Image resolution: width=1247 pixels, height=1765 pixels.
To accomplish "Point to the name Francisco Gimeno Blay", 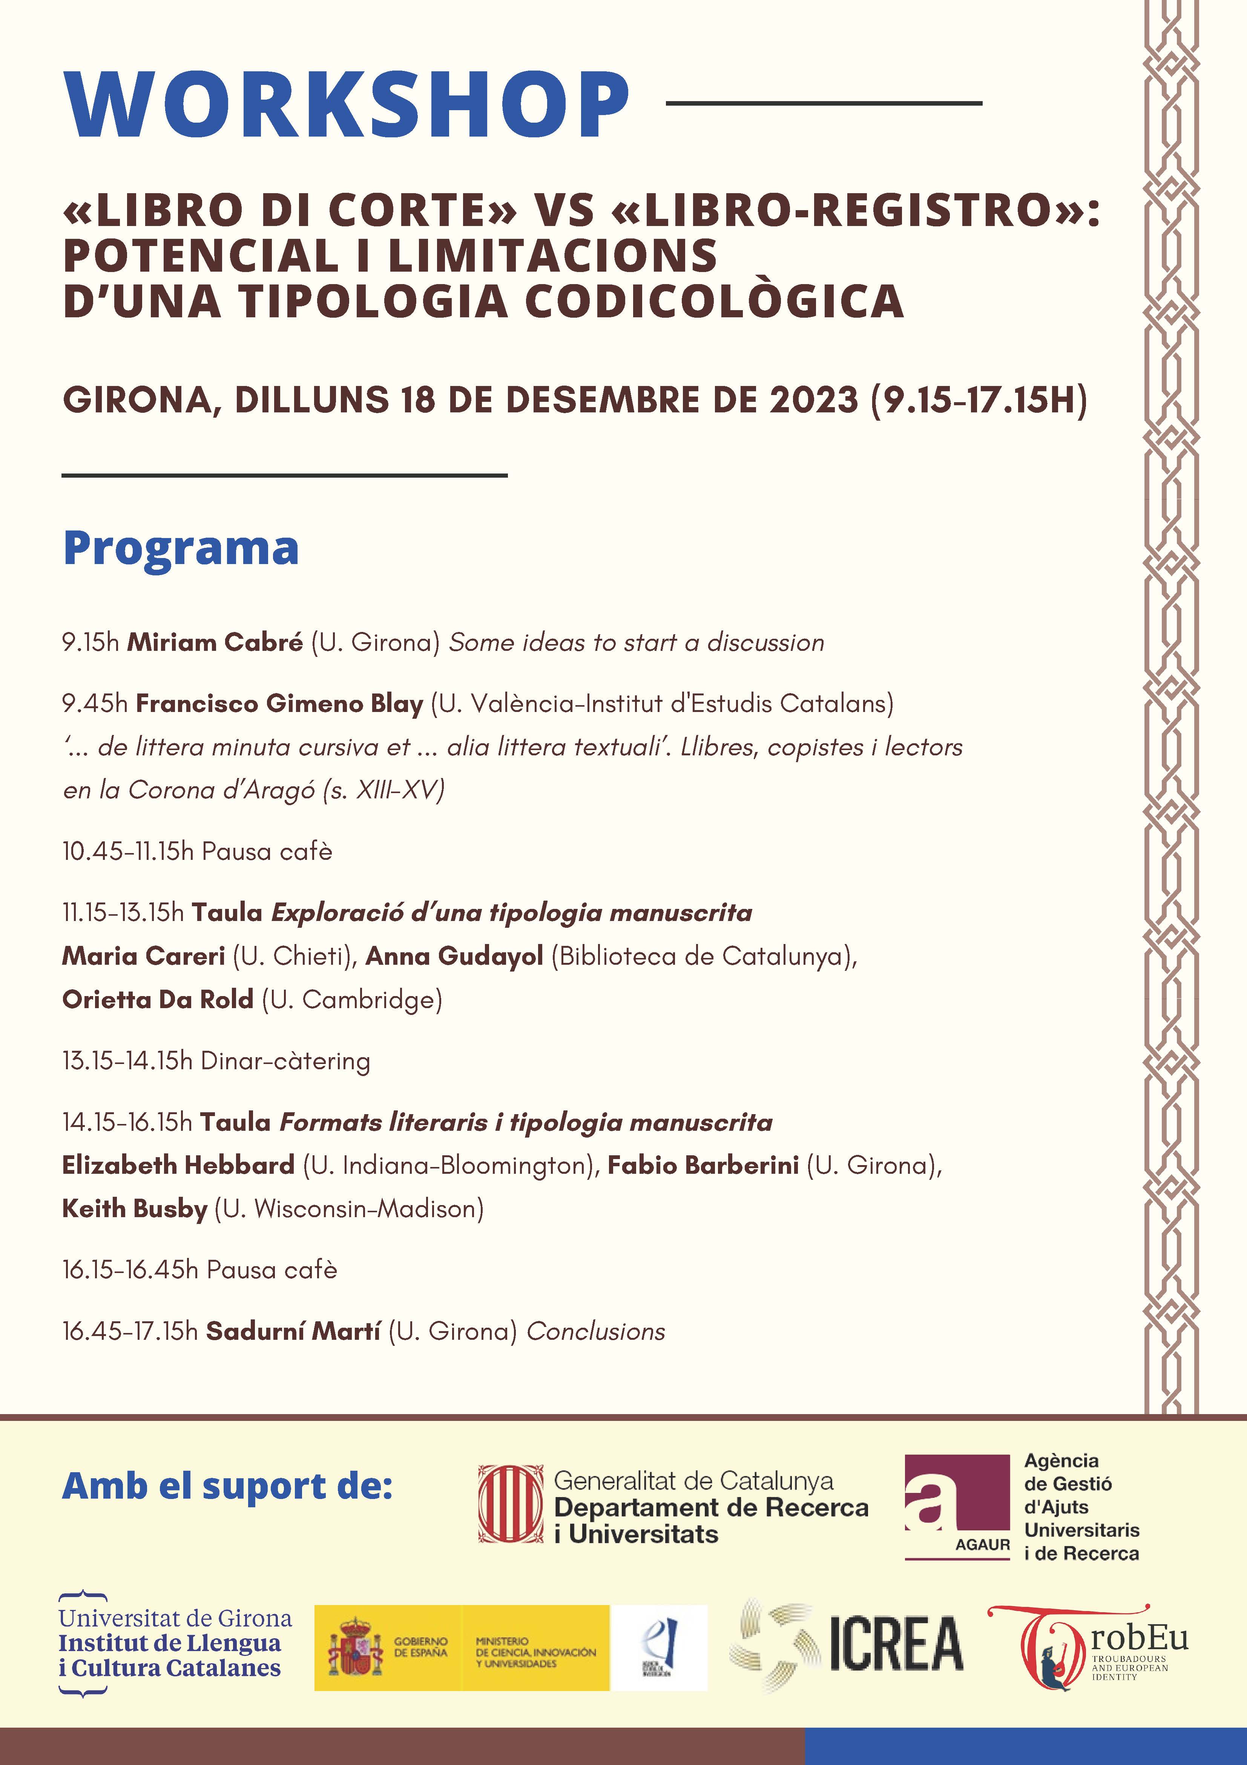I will click(x=279, y=703).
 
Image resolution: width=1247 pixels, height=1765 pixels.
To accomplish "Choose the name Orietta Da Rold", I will click(x=158, y=999).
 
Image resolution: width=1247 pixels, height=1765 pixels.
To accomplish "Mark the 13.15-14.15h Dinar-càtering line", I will click(x=216, y=1061).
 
